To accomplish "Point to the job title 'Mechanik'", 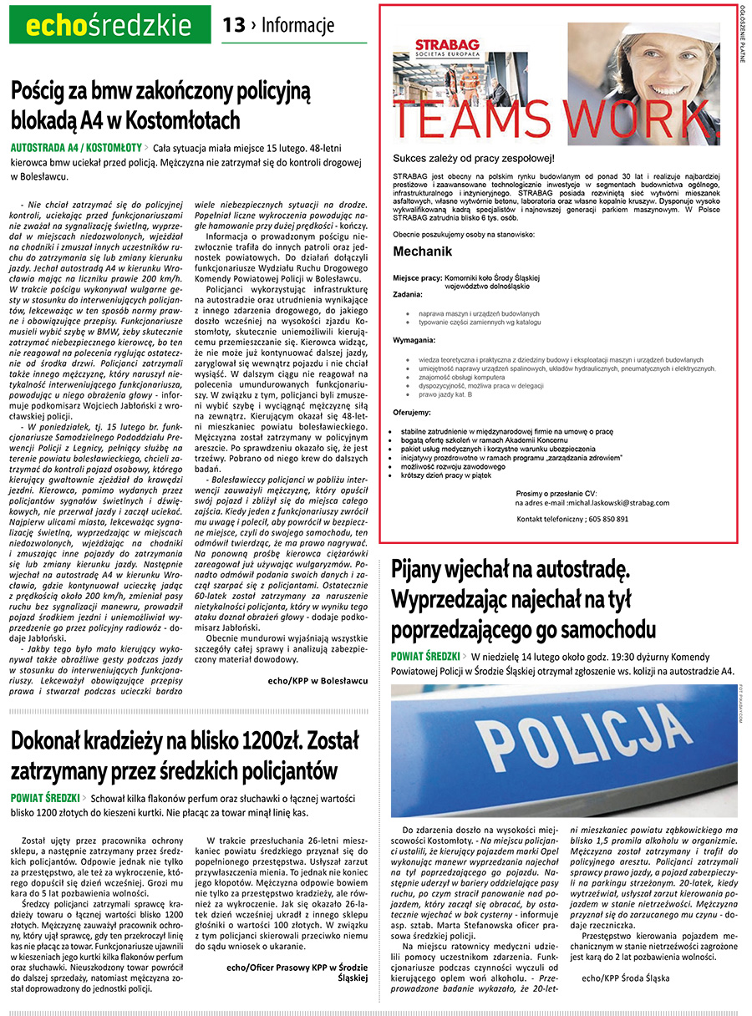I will click(423, 251).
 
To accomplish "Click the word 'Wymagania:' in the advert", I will click(415, 341).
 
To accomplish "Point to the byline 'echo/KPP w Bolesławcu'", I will click(318, 681).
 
